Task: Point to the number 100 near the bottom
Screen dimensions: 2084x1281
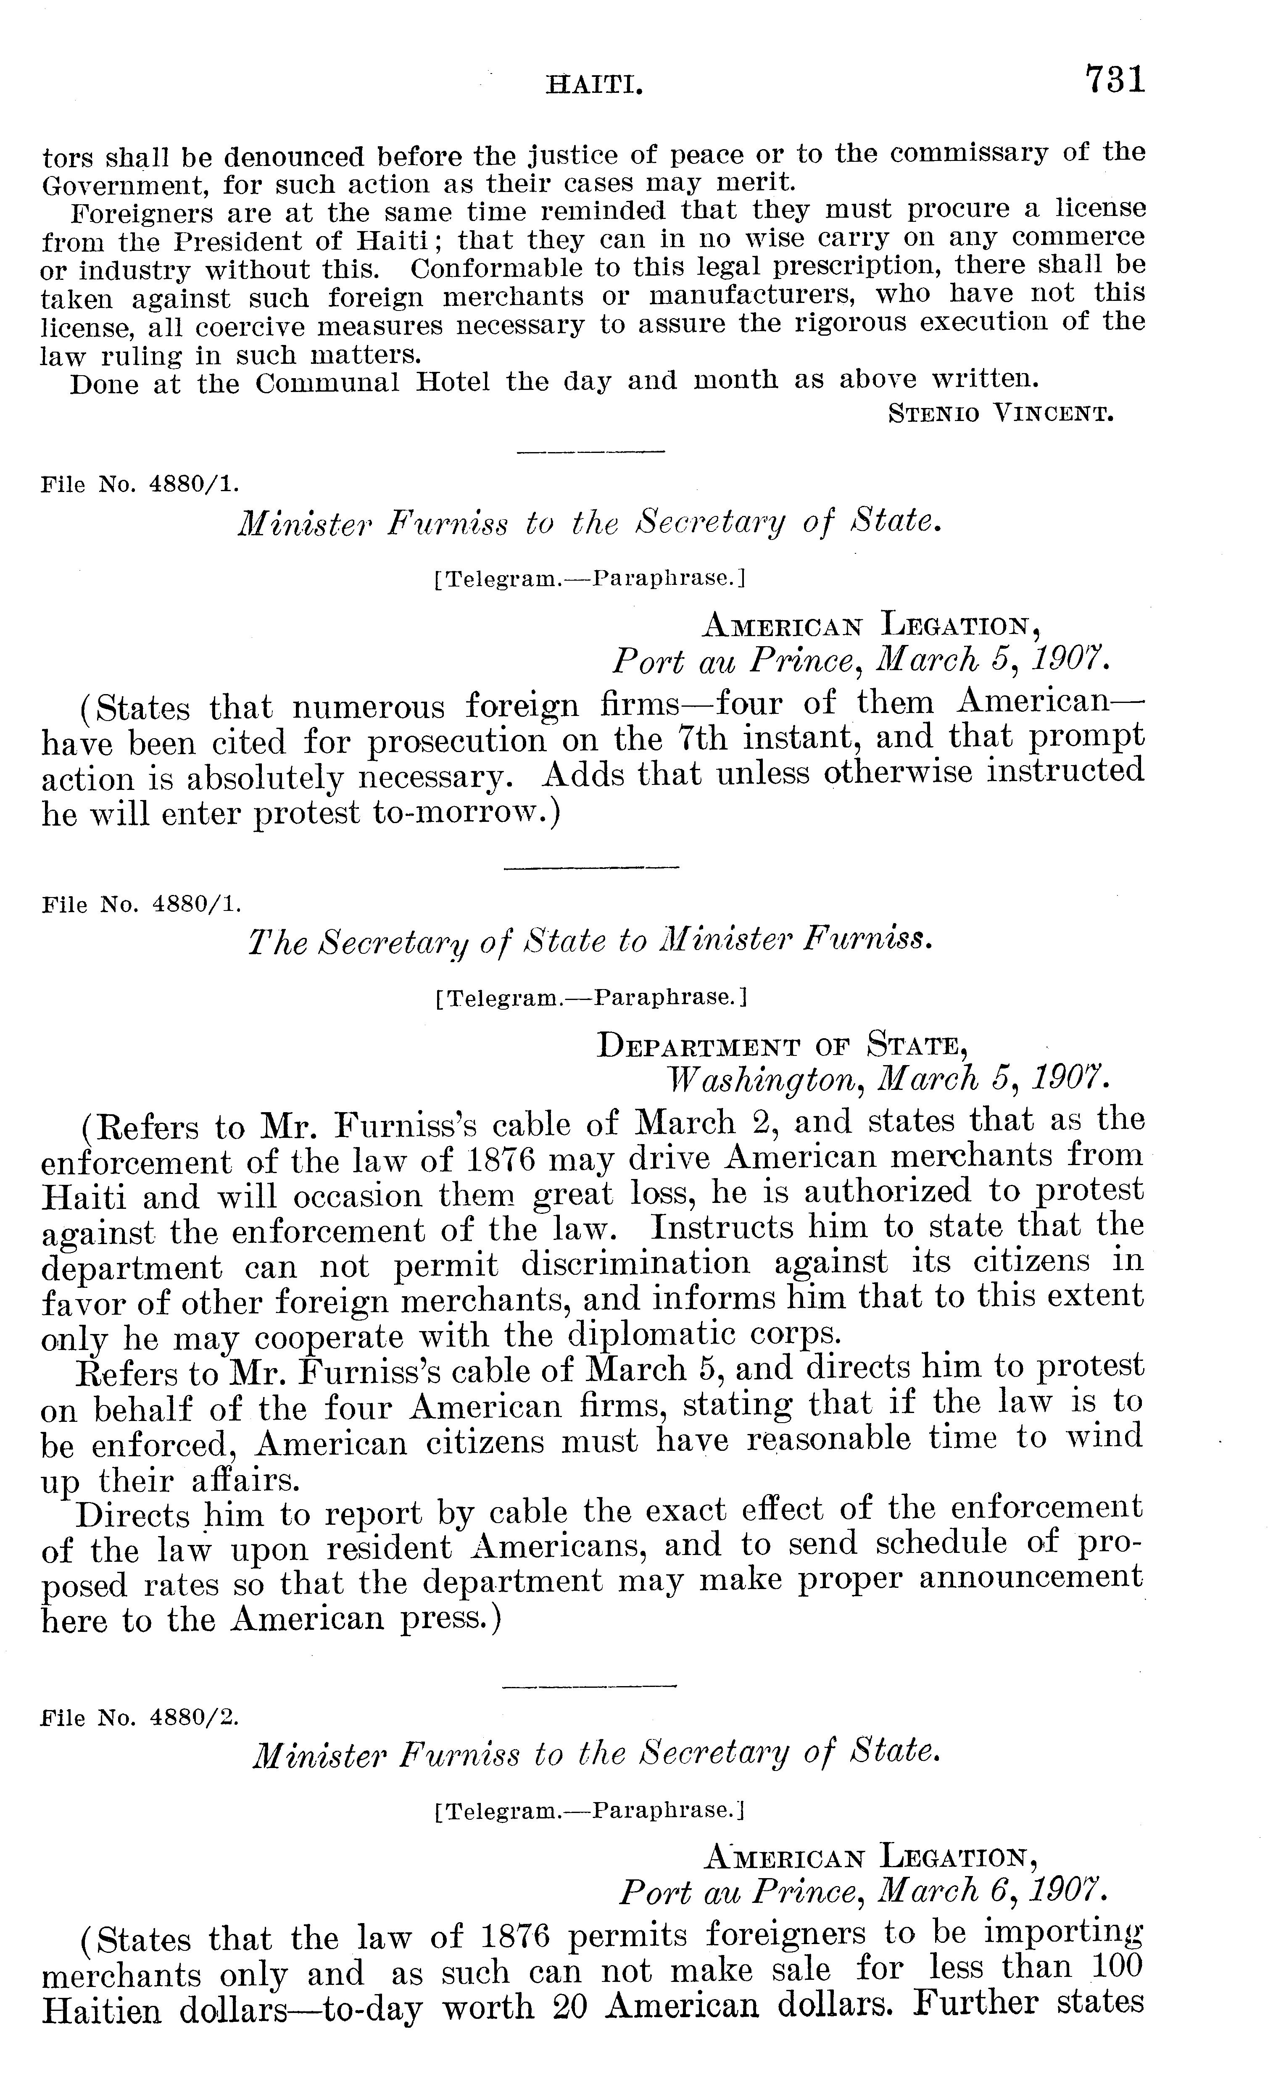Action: click(1117, 1967)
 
